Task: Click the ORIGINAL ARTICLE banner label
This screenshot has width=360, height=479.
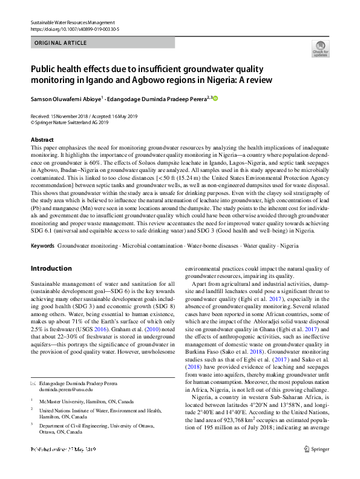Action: pyautogui.click(x=61, y=43)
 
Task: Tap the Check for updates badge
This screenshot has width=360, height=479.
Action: pyautogui.click(x=319, y=49)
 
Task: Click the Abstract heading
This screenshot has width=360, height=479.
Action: pyautogui.click(x=42, y=140)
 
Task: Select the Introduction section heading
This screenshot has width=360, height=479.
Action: pyautogui.click(x=51, y=268)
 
